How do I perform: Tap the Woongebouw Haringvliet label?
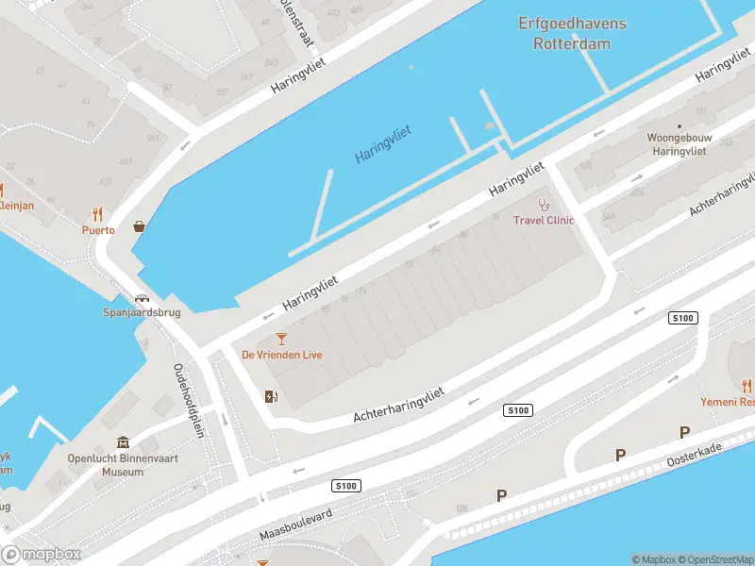pos(678,143)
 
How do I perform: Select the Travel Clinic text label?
pos(543,221)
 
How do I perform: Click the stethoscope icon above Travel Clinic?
pos(543,204)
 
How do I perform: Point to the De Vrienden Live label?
pos(282,355)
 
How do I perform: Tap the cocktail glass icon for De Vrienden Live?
pos(281,339)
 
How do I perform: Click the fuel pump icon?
pos(272,396)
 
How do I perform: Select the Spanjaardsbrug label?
pos(142,313)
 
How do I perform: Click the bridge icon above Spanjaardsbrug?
pos(141,298)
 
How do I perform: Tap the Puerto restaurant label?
pos(98,229)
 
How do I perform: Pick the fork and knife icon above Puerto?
pos(98,214)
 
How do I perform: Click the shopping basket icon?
pos(140,226)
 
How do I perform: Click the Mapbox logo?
pos(42,554)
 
